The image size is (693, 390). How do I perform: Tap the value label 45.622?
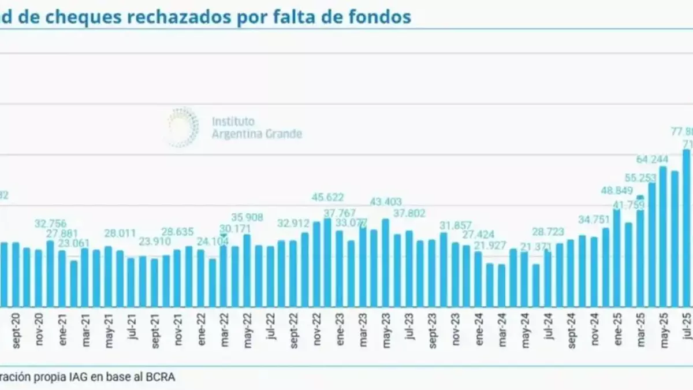328,197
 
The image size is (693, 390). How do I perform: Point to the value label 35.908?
248,218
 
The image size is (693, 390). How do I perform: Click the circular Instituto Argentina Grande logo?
183,127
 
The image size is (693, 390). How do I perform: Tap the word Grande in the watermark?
283,134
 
